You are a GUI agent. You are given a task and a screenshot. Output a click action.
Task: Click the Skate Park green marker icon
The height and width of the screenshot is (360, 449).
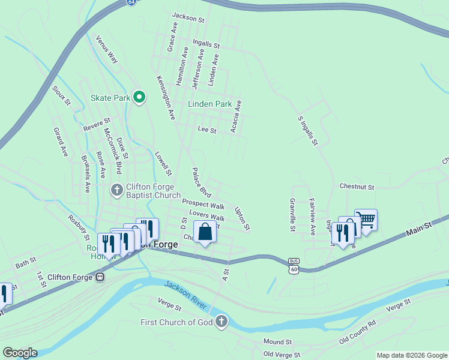[x=140, y=97]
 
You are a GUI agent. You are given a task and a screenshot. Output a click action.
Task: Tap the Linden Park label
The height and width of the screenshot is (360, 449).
[x=209, y=104]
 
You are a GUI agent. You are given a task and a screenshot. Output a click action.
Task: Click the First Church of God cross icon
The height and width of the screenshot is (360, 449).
[x=221, y=322]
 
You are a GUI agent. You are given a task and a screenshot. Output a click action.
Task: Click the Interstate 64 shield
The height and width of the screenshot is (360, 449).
[x=131, y=2]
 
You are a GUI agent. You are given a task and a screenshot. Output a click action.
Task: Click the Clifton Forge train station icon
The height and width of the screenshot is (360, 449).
[x=100, y=277]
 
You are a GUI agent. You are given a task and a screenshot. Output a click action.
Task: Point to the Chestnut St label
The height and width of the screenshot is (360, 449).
[x=357, y=187]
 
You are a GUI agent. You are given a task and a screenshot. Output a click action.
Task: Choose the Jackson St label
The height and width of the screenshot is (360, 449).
[x=188, y=19]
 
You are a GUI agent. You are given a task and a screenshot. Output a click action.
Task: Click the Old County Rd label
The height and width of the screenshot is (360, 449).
[x=357, y=331]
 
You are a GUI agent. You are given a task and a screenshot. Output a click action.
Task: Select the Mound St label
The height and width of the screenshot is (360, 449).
[x=277, y=341]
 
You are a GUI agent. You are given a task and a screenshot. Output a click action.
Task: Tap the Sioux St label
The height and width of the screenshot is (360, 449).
[x=61, y=95]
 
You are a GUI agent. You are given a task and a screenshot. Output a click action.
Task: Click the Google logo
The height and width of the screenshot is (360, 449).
[x=20, y=352]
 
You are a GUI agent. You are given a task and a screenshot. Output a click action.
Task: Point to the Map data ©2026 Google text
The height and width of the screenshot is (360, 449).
[x=412, y=355]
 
